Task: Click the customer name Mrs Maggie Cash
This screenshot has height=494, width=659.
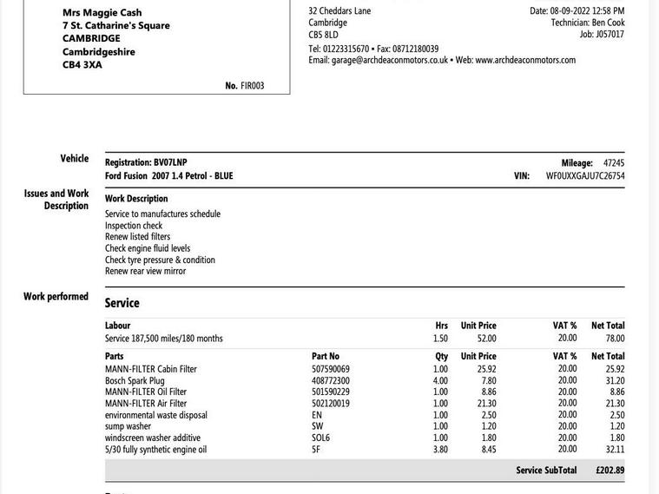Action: pyautogui.click(x=102, y=12)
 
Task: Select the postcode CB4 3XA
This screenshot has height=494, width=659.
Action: pyautogui.click(x=82, y=65)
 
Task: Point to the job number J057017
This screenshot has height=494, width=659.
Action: pyautogui.click(x=609, y=35)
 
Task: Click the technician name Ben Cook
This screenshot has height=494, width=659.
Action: pyautogui.click(x=608, y=23)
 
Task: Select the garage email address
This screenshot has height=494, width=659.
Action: pyautogui.click(x=390, y=60)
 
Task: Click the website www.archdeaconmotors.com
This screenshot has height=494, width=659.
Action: pyautogui.click(x=525, y=60)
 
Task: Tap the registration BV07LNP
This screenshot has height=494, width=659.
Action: pyautogui.click(x=170, y=162)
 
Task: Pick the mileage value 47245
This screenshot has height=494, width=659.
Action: pyautogui.click(x=613, y=162)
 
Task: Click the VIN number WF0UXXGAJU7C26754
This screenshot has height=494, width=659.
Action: pyautogui.click(x=584, y=175)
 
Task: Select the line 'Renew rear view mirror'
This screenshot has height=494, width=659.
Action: pyautogui.click(x=145, y=271)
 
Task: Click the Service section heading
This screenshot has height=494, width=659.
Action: pyautogui.click(x=122, y=303)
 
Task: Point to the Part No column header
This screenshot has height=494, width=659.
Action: pyautogui.click(x=326, y=356)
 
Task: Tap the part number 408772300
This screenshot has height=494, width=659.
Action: pyautogui.click(x=331, y=380)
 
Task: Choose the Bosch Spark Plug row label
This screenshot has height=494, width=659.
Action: pyautogui.click(x=135, y=380)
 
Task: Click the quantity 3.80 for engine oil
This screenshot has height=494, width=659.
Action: pyautogui.click(x=440, y=450)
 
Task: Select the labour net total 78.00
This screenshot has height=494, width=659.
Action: pyautogui.click(x=615, y=339)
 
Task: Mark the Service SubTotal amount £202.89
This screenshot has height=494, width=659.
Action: pyautogui.click(x=610, y=471)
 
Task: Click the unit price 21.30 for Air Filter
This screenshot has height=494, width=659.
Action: pyautogui.click(x=486, y=404)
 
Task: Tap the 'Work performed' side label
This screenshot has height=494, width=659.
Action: pyautogui.click(x=56, y=296)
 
